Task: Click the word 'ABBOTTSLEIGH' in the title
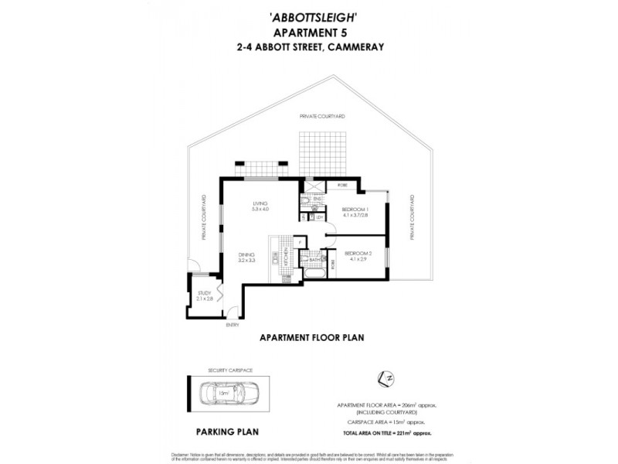[309, 19]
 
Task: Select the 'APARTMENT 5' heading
[309, 32]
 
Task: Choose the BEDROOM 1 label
[356, 213]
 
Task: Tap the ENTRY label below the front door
[233, 326]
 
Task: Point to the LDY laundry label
[319, 217]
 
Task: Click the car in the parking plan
[222, 394]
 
